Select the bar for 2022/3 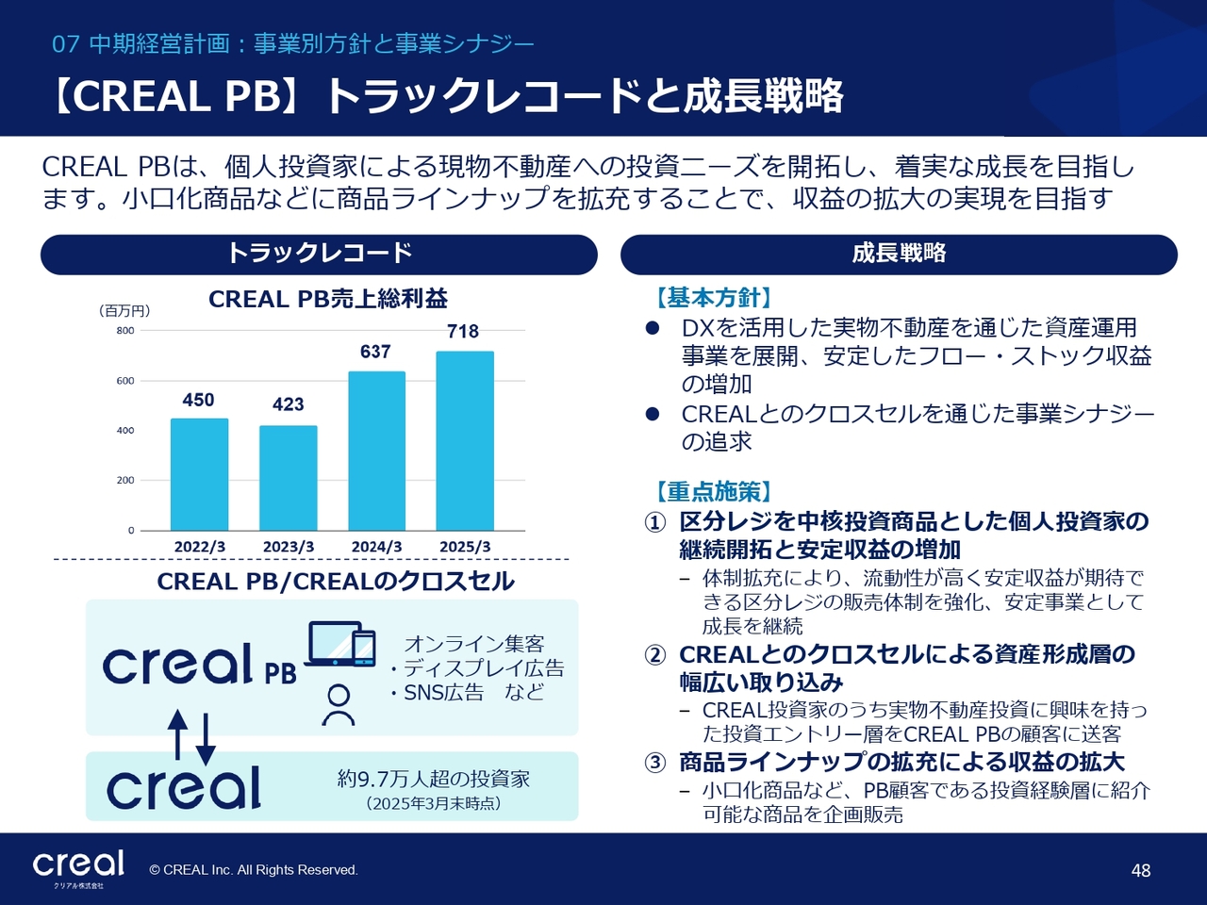pyautogui.click(x=199, y=474)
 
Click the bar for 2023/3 pyautogui.click(x=289, y=478)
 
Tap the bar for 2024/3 pyautogui.click(x=376, y=452)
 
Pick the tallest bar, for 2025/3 pyautogui.click(x=465, y=440)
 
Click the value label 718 pyautogui.click(x=463, y=331)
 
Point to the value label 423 pyautogui.click(x=289, y=404)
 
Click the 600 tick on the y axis pyautogui.click(x=125, y=381)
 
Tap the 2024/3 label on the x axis pyautogui.click(x=376, y=547)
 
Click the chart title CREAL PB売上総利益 pyautogui.click(x=328, y=300)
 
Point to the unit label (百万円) pyautogui.click(x=124, y=311)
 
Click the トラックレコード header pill pyautogui.click(x=319, y=255)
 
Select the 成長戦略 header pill pyautogui.click(x=899, y=255)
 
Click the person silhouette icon pyautogui.click(x=339, y=705)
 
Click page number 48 pyautogui.click(x=1141, y=870)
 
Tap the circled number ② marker pyautogui.click(x=655, y=655)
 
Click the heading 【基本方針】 pyautogui.click(x=714, y=299)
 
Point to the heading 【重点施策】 pyautogui.click(x=714, y=492)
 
